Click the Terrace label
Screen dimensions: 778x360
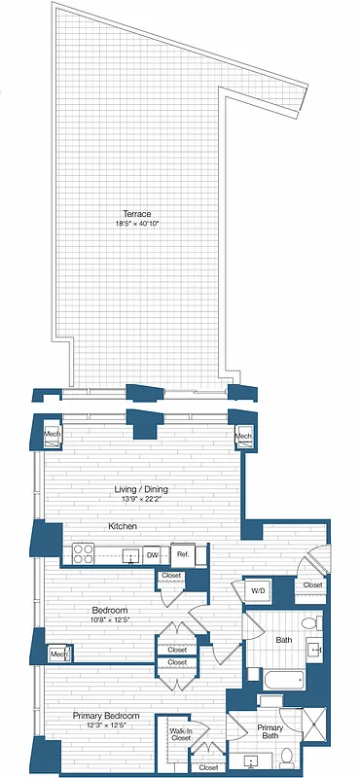point(135,213)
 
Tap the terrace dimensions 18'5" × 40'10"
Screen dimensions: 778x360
point(135,225)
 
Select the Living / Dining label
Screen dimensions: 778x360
point(135,491)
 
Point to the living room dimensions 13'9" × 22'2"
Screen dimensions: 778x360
point(135,502)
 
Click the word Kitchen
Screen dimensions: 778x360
point(123,526)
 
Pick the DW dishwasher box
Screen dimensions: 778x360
point(152,555)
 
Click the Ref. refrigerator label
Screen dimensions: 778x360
point(182,555)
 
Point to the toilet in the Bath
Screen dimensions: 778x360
point(309,624)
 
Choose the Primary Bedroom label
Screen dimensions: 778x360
point(106,717)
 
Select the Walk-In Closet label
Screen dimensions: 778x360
point(180,735)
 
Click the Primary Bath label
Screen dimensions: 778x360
point(270,731)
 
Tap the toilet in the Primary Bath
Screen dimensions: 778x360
point(271,702)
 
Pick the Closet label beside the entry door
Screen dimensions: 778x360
point(312,584)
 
